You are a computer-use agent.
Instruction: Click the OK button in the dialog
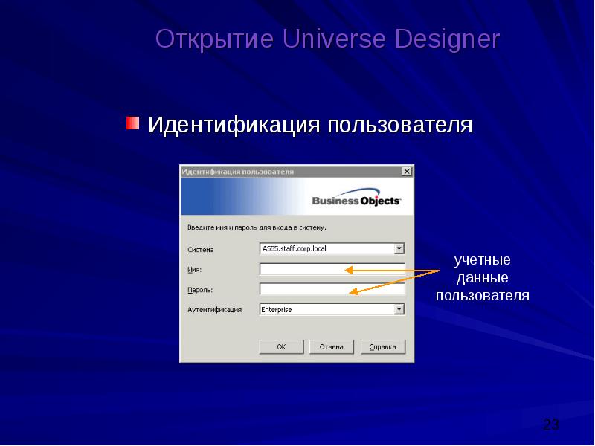281,346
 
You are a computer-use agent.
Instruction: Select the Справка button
382,346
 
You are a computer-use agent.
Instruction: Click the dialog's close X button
406,171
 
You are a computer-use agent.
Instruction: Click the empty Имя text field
332,269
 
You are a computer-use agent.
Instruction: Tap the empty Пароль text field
332,289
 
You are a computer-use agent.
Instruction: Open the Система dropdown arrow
399,248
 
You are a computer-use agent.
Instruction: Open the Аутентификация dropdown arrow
399,309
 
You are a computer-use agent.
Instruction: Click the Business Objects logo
356,200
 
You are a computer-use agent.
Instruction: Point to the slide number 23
551,424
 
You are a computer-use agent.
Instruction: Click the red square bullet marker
132,122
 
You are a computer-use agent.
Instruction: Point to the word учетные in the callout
482,260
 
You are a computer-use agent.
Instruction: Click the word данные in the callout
482,278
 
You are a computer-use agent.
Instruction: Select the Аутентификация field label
214,310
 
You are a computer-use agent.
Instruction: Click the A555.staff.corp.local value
294,248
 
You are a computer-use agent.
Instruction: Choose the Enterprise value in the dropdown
277,309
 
